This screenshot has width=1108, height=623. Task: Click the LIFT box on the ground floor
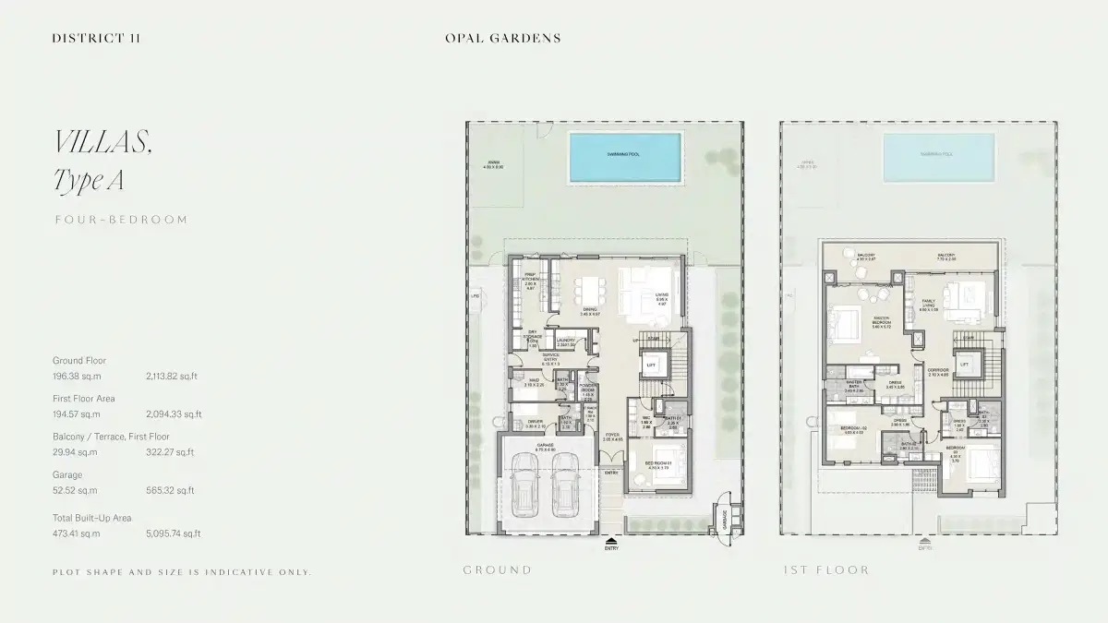pos(651,365)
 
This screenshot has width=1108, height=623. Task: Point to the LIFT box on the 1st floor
pos(964,365)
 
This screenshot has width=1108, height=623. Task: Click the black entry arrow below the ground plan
pos(610,541)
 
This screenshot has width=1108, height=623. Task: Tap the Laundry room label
pos(565,341)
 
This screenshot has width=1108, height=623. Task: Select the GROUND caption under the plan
pos(497,570)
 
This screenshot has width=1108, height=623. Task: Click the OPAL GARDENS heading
pos(502,38)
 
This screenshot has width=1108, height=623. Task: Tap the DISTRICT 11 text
pos(96,38)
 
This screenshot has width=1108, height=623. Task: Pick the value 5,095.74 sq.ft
pos(173,533)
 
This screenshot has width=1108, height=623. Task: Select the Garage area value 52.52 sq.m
pos(75,490)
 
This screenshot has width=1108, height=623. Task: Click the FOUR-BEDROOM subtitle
pos(121,220)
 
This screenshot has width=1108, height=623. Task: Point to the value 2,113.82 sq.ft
pos(173,377)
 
